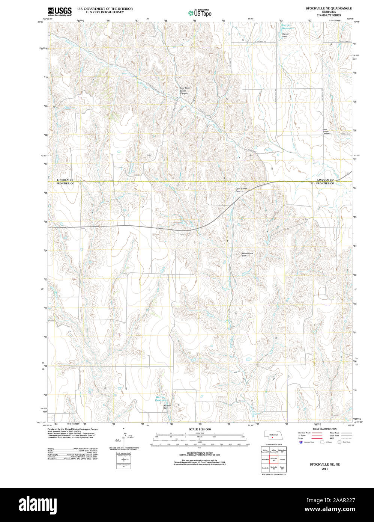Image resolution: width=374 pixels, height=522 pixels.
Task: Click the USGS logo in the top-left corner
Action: coord(60,11)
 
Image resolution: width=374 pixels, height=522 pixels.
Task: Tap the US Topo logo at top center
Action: coord(200,13)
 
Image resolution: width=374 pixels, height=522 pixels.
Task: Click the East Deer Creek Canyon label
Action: coord(185,91)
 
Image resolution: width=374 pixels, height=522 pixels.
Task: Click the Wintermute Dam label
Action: coord(248,254)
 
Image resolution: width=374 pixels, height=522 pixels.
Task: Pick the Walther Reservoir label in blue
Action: coord(161,399)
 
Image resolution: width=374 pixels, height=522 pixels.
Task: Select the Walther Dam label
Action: coord(167,407)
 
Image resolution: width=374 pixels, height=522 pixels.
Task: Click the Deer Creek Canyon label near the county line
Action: coord(241,190)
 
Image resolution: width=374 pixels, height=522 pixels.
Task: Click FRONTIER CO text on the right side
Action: coord(325,183)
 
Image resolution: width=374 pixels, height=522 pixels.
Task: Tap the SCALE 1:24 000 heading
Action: coord(200,429)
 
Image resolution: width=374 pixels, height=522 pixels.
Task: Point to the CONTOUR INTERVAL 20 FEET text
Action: coord(200,453)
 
